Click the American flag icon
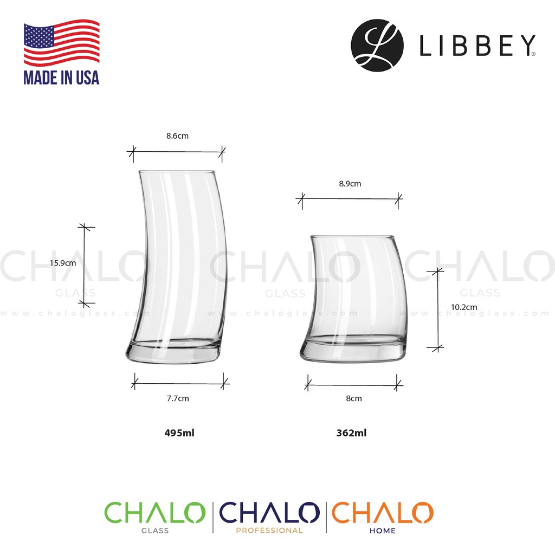(x=61, y=43)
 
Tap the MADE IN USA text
(x=61, y=78)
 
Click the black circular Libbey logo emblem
(x=377, y=46)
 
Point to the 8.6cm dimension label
(x=177, y=136)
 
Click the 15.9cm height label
(x=62, y=263)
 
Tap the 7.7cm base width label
(x=178, y=398)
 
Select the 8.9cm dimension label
(x=350, y=184)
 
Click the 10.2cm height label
(x=464, y=307)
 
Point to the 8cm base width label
(x=353, y=398)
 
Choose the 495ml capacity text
(x=179, y=433)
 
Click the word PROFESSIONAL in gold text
(x=269, y=531)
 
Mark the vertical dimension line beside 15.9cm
(x=85, y=264)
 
